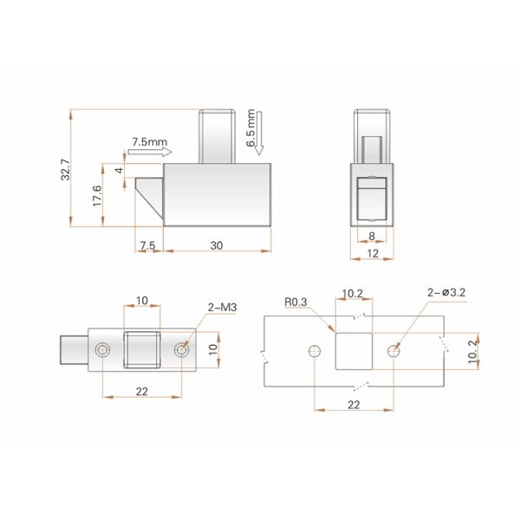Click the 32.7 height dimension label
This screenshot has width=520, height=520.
pyautogui.click(x=66, y=170)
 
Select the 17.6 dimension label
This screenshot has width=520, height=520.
pyautogui.click(x=97, y=196)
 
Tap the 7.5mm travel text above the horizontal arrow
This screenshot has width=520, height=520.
pyautogui.click(x=150, y=142)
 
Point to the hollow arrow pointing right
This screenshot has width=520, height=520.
pyautogui.click(x=150, y=152)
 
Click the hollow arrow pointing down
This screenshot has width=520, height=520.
pyautogui.click(x=259, y=133)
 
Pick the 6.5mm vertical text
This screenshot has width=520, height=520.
pyautogui.click(x=250, y=128)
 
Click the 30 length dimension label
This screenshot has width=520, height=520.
pyautogui.click(x=216, y=246)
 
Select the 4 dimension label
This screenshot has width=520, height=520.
pyautogui.click(x=119, y=171)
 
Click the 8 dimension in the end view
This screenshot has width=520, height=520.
pyautogui.click(x=372, y=236)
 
